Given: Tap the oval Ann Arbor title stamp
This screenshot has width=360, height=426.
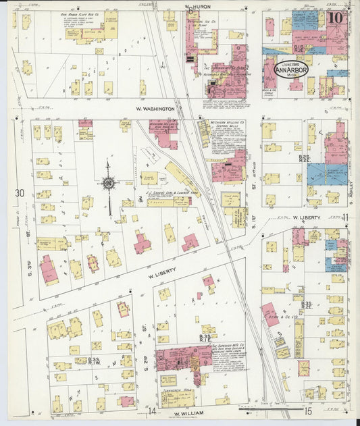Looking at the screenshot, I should point(290,70).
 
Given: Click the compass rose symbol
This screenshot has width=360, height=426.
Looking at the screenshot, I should point(108,182).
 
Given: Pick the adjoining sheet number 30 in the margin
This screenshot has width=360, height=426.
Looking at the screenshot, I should point(20,194).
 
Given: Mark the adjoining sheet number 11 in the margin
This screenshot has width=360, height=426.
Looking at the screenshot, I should point(345,217).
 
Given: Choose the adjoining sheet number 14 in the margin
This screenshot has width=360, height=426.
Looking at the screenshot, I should point(153,410).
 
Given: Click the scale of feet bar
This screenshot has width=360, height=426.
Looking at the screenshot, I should point(263,408).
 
